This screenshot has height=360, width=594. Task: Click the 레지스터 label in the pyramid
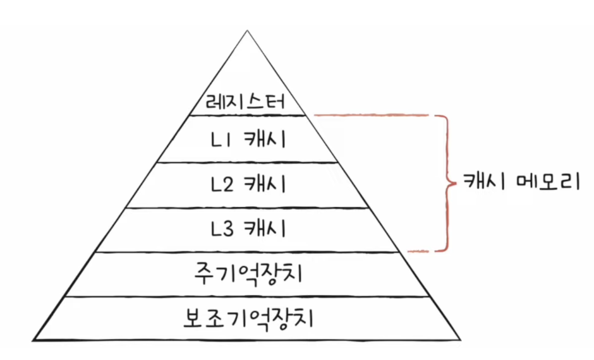tap(248, 101)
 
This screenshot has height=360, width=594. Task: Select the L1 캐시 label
tap(248, 139)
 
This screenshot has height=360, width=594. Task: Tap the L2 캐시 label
tap(248, 184)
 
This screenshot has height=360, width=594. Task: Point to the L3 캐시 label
tap(248, 229)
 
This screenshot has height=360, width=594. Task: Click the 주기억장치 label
tap(248, 274)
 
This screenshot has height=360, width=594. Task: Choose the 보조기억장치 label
tap(248, 318)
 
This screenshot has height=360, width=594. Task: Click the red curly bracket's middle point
tap(451, 183)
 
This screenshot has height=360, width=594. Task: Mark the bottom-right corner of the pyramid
tap(462, 341)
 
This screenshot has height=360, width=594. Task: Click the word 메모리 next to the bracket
tap(544, 183)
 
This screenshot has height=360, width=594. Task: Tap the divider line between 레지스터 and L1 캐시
tap(248, 116)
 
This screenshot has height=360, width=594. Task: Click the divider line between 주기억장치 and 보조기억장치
tap(248, 297)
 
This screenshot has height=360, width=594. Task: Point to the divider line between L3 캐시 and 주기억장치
tap(248, 251)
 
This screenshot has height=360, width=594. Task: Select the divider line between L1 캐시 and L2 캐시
tap(248, 162)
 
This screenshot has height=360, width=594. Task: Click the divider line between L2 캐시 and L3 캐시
tap(248, 208)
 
